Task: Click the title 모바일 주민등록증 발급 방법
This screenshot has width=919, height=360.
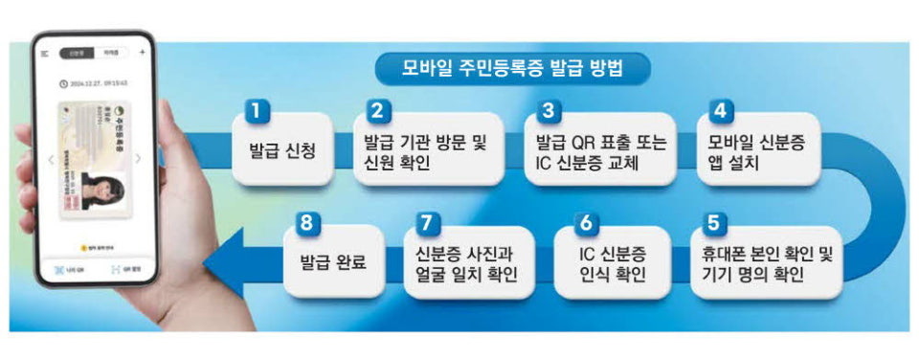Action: pos(526,68)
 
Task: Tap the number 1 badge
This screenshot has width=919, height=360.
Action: pos(255,110)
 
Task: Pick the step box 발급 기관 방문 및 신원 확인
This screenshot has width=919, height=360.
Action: pos(426,151)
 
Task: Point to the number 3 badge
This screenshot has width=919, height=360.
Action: pos(548,110)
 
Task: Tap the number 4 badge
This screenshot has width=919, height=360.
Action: pos(718,110)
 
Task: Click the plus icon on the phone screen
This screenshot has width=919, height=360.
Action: pos(142,52)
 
